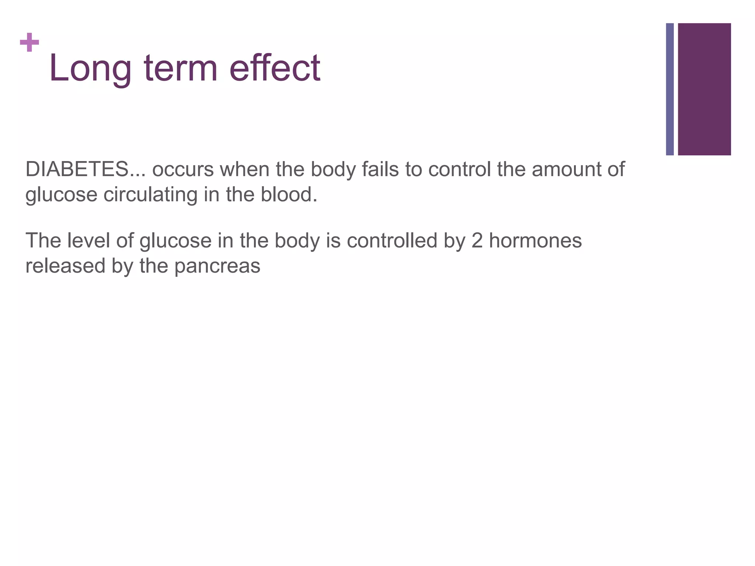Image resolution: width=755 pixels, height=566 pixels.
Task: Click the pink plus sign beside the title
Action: tap(29, 42)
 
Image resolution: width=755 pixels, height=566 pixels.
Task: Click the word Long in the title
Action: tap(90, 68)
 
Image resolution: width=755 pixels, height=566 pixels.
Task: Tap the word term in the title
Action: tap(181, 68)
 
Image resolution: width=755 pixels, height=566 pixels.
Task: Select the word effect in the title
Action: tap(275, 68)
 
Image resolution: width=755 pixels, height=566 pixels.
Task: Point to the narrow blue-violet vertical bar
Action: tap(670, 89)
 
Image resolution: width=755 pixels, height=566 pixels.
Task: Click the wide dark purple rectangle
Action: tap(704, 89)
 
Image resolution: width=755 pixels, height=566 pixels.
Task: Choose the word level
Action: tap(88, 241)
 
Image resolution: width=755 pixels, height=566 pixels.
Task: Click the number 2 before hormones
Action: tap(477, 241)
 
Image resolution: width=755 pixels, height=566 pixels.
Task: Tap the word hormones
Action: tap(535, 241)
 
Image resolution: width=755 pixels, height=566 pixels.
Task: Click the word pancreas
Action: tap(217, 266)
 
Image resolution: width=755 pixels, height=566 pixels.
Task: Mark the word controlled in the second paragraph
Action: tap(392, 241)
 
